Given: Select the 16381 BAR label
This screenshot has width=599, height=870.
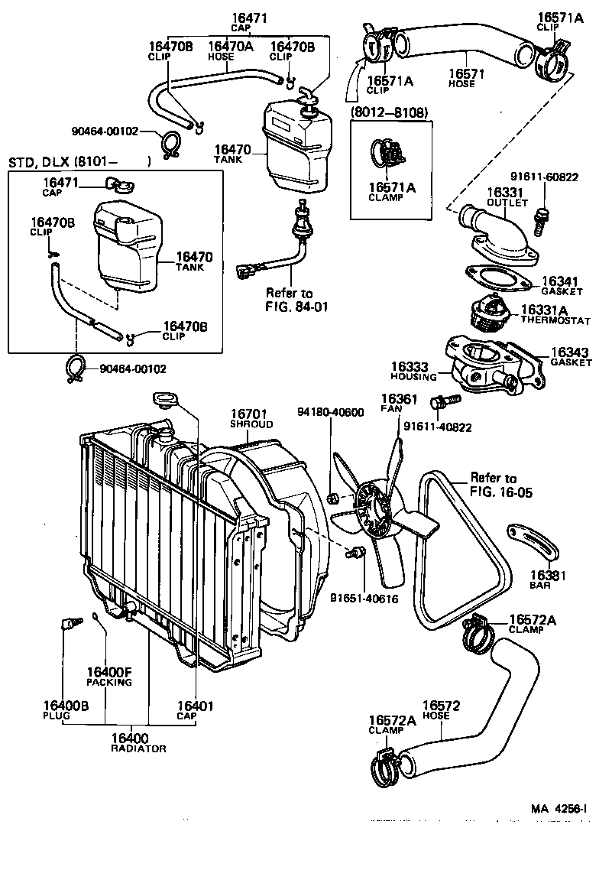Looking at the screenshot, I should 548,579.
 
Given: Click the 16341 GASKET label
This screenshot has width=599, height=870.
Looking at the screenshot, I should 562,286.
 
